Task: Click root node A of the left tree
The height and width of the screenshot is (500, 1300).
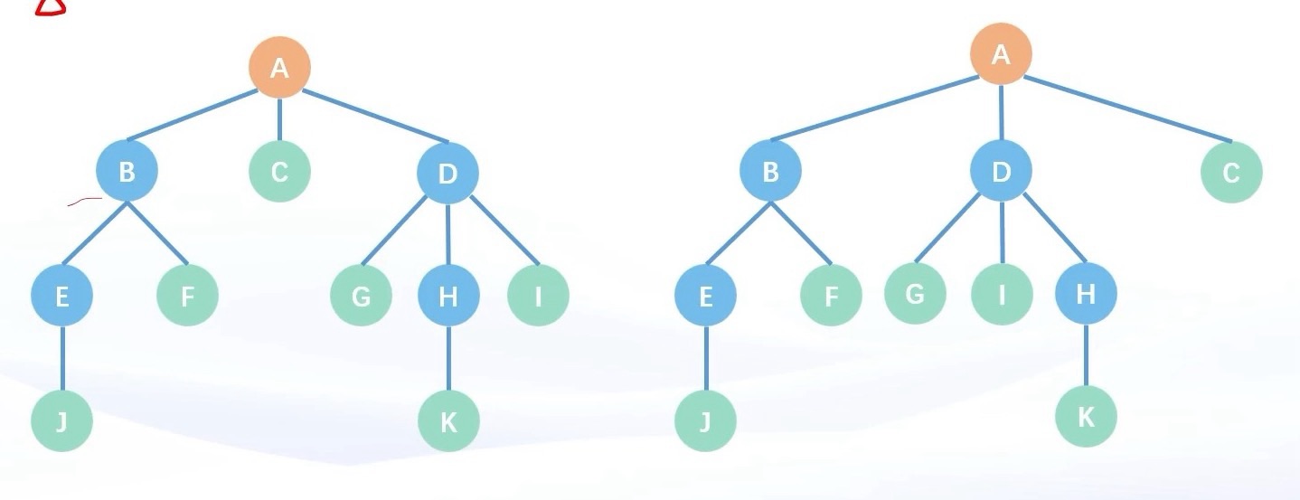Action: pos(279,67)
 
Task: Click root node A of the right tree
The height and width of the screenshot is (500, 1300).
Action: pos(1001,54)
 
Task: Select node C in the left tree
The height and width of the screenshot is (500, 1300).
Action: pos(279,170)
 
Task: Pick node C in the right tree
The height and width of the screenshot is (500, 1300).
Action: pos(1231,172)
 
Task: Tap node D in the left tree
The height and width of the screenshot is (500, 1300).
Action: pos(447,172)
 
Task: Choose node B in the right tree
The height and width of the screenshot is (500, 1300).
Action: pos(770,172)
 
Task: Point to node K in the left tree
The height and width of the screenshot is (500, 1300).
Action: pos(448,420)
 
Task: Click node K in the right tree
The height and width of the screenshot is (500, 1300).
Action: pos(1086,417)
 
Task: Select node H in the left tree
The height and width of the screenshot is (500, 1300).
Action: pos(447,295)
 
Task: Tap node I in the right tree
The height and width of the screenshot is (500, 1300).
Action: pos(1002,294)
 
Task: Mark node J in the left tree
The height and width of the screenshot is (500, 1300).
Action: pos(61,420)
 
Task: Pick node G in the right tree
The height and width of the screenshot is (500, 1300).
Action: pos(915,293)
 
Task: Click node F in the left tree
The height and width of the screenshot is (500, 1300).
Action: pos(187,295)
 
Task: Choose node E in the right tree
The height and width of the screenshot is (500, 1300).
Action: pos(705,295)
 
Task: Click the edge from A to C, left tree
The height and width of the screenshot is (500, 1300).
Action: pos(279,118)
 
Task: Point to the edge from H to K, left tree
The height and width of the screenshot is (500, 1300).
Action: pos(448,357)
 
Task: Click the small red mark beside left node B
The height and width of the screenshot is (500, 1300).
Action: pos(84,201)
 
